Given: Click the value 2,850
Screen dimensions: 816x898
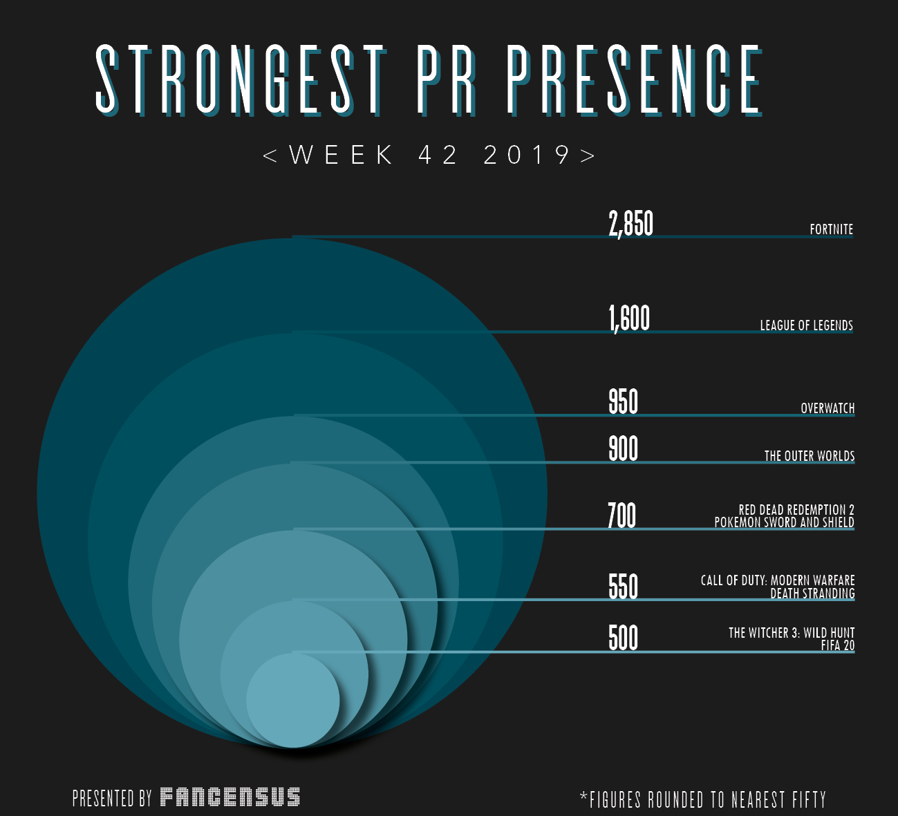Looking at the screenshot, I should pos(630,224).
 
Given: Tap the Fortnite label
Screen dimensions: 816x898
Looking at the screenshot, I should pos(831,229).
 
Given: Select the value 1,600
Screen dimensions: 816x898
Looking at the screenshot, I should pos(629,319).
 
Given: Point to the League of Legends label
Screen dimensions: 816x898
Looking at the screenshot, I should pos(806,325).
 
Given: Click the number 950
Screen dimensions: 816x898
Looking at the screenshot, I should pos(623,401).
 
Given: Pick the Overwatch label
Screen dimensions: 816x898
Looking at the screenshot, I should pos(827,408).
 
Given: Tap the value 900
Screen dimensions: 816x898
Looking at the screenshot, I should pos(623,449).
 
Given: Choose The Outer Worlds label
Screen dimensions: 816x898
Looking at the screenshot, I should pos(809,456).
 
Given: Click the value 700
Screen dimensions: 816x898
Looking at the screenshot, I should pos(621,516).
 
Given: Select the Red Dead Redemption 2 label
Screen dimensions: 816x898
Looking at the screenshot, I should pos(796,510).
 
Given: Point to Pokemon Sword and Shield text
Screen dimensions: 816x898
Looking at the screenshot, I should pos(784,522).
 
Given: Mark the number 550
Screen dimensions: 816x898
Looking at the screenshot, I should pos(623,587).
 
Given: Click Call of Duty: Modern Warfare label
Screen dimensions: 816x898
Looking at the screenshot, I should pos(777,580).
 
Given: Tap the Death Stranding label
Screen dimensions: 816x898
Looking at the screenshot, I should pos(812,593).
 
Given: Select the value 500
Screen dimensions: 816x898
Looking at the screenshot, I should pos(623,638).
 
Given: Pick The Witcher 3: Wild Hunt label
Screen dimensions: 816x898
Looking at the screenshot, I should pos(791,633).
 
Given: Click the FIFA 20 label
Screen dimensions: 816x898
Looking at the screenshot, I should pos(837,645).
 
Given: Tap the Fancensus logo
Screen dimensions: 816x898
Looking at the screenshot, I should pos(230,797).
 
